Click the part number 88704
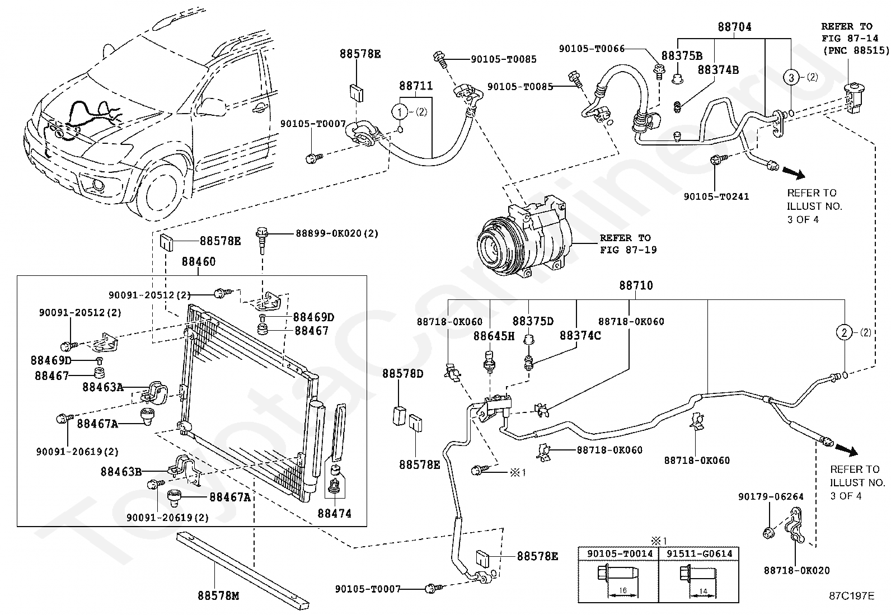pyautogui.click(x=734, y=26)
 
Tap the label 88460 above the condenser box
pyautogui.click(x=198, y=261)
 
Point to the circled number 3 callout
pyautogui.click(x=791, y=77)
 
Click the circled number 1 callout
pyautogui.click(x=400, y=112)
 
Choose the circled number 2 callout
pyautogui.click(x=845, y=332)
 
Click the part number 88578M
pyautogui.click(x=218, y=596)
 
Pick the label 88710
pyautogui.click(x=636, y=285)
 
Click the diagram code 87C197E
pyautogui.click(x=851, y=595)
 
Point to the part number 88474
pyautogui.click(x=335, y=513)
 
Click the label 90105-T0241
pyautogui.click(x=716, y=196)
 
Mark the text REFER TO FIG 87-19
pyautogui.click(x=629, y=244)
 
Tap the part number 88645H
pyautogui.click(x=494, y=336)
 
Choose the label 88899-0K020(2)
pyautogui.click(x=337, y=233)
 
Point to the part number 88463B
pyautogui.click(x=121, y=472)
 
